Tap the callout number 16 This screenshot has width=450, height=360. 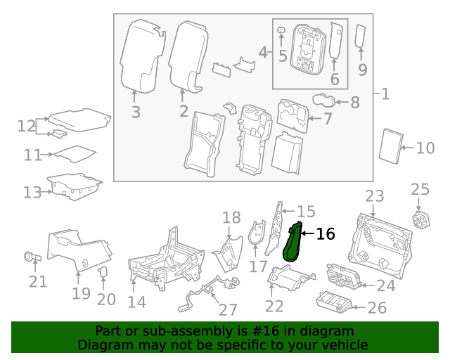326,234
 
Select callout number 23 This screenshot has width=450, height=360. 375,196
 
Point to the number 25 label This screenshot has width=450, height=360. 420,188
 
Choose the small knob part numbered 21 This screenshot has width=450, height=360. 32,257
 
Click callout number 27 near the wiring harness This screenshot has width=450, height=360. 228,310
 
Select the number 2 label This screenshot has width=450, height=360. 184,111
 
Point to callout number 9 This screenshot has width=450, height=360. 363,69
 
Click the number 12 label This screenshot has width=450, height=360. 27,126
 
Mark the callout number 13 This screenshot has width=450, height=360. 32,192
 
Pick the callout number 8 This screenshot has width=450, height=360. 354,103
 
